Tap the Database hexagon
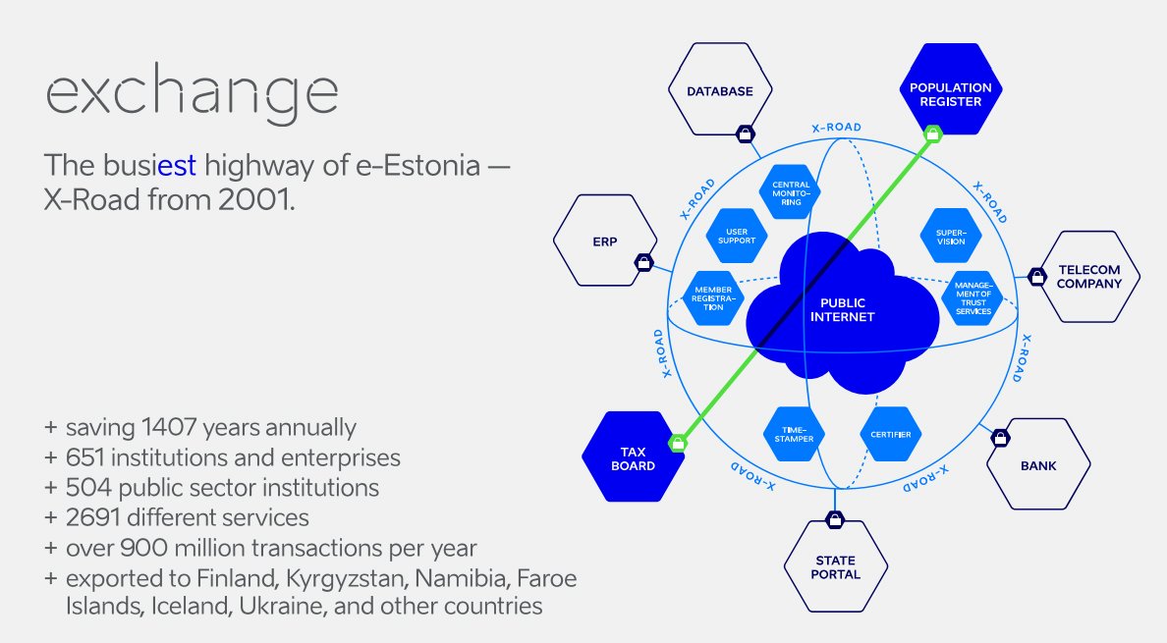click(719, 92)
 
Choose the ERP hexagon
click(604, 241)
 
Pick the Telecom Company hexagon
click(1089, 277)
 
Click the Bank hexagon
click(1038, 465)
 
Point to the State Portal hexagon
click(836, 567)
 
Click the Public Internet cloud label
click(841, 310)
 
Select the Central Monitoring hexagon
click(791, 192)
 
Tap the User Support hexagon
click(736, 235)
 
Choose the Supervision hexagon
click(950, 235)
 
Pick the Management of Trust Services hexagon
click(971, 298)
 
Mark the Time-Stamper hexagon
click(793, 435)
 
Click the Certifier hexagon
click(890, 435)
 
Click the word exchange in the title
click(193, 93)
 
